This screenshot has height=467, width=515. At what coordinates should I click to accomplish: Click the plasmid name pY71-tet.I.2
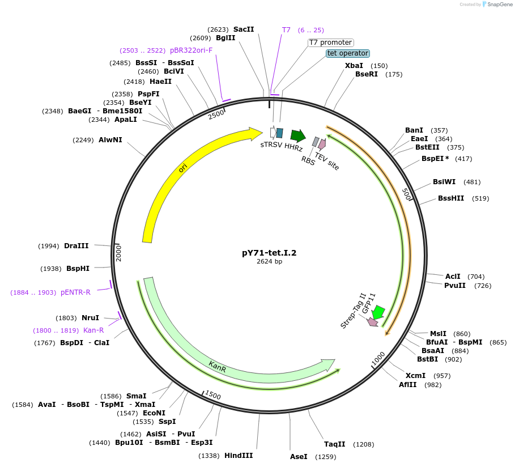click(x=269, y=253)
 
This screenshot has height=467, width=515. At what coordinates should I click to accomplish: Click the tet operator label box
click(x=348, y=53)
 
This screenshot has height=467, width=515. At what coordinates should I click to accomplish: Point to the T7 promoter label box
click(x=331, y=43)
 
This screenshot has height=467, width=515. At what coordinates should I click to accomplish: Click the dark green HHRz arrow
click(x=297, y=135)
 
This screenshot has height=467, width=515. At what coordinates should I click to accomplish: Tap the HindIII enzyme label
click(x=239, y=455)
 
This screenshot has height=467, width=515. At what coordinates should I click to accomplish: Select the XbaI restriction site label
click(x=354, y=66)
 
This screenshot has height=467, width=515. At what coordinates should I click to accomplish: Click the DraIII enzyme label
click(x=76, y=245)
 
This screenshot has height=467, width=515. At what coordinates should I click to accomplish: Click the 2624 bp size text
click(x=269, y=262)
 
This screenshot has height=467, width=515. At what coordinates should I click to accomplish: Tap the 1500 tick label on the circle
click(x=213, y=394)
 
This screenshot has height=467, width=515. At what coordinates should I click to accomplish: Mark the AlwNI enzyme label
click(x=110, y=139)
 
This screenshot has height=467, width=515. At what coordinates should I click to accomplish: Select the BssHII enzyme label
click(x=451, y=198)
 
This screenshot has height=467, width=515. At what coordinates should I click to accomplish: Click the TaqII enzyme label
click(x=334, y=444)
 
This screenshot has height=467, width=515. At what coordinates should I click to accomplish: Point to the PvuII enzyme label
click(x=455, y=285)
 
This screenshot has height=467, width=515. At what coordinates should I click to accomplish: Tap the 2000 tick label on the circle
click(x=119, y=253)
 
